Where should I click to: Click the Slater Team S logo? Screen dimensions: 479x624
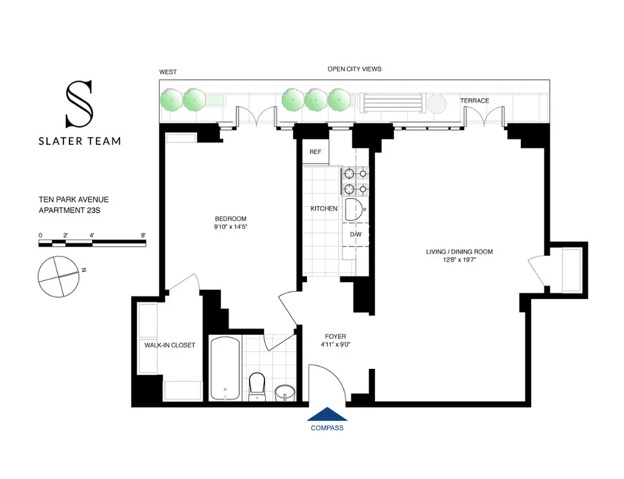(79, 105)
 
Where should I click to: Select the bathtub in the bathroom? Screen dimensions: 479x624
(225, 368)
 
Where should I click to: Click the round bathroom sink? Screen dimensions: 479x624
(285, 393)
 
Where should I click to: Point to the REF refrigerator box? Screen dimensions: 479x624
(315, 152)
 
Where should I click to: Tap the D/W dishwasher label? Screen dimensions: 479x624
(355, 234)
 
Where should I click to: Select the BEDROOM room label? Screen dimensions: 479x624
(230, 219)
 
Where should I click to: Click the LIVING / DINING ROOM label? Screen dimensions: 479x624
(459, 251)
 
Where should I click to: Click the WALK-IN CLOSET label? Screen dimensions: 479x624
(169, 345)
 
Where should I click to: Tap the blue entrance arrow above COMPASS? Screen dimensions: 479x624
(327, 414)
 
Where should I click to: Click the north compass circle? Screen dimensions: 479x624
(58, 276)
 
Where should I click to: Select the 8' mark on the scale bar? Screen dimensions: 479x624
(144, 235)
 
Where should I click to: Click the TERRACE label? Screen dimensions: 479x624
(474, 101)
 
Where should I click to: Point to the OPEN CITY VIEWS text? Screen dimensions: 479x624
(354, 69)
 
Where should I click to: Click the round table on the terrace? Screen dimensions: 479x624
(437, 104)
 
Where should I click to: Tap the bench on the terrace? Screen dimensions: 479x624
(387, 104)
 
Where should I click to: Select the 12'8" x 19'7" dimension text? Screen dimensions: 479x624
(459, 260)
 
